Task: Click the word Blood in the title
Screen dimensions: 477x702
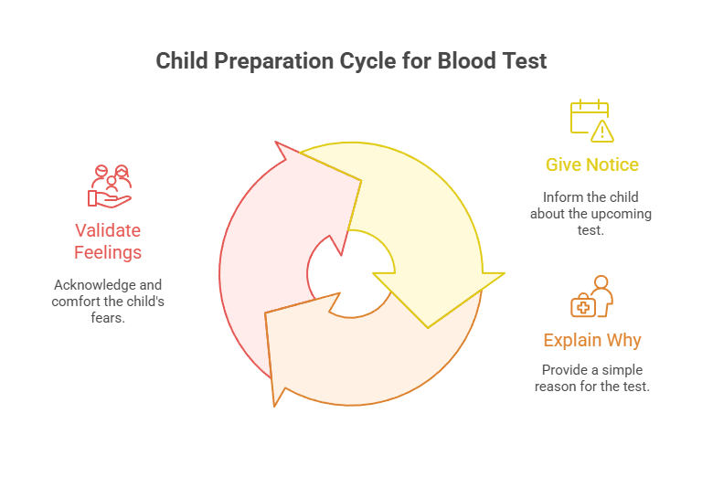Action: pyautogui.click(x=463, y=61)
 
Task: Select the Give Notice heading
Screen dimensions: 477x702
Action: pyautogui.click(x=591, y=165)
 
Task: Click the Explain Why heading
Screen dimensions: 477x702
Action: pyautogui.click(x=591, y=341)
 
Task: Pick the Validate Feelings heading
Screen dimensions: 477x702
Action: pyautogui.click(x=108, y=241)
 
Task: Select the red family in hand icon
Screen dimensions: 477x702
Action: pyautogui.click(x=110, y=185)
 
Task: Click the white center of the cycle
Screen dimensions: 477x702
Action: pyautogui.click(x=351, y=273)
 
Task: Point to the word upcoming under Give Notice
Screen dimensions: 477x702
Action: pyautogui.click(x=617, y=214)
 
